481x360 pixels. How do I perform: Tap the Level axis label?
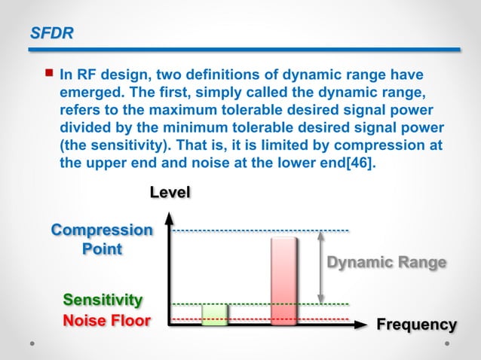tap(170, 192)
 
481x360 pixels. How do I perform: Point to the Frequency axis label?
tap(416, 325)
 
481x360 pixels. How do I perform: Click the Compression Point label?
tap(101, 239)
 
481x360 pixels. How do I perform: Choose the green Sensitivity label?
tap(102, 301)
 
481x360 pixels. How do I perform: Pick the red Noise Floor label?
tap(106, 322)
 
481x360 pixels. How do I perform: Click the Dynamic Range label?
tap(386, 262)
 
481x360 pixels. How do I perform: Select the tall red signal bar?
tap(284, 280)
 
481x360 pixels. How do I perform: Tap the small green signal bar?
tap(214, 315)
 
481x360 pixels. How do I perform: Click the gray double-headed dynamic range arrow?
tap(322, 266)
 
